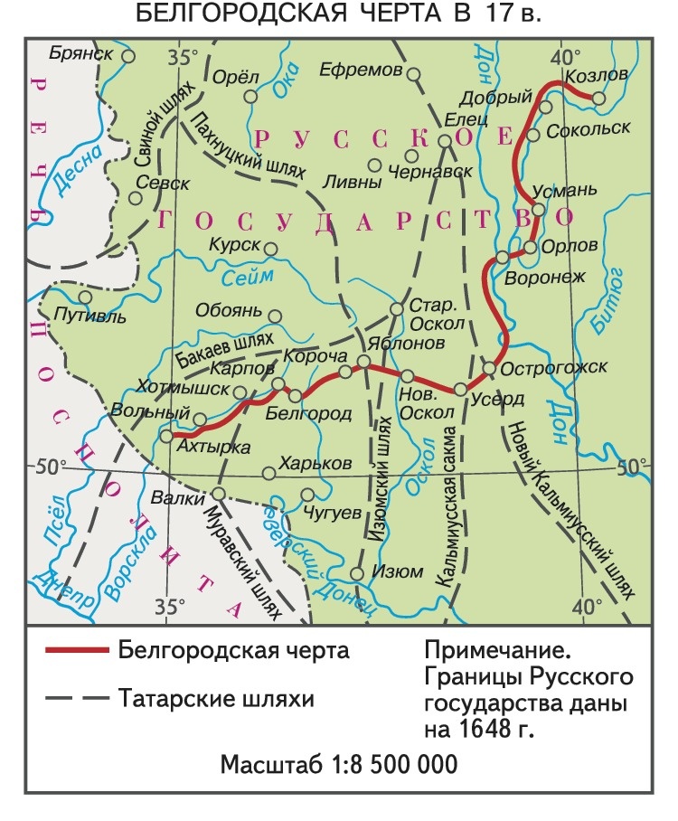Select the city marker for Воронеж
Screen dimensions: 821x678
(x=503, y=259)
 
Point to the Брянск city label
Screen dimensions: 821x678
(x=82, y=53)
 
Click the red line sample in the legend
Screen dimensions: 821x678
(x=76, y=649)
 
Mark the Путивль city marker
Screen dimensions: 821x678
(x=86, y=297)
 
